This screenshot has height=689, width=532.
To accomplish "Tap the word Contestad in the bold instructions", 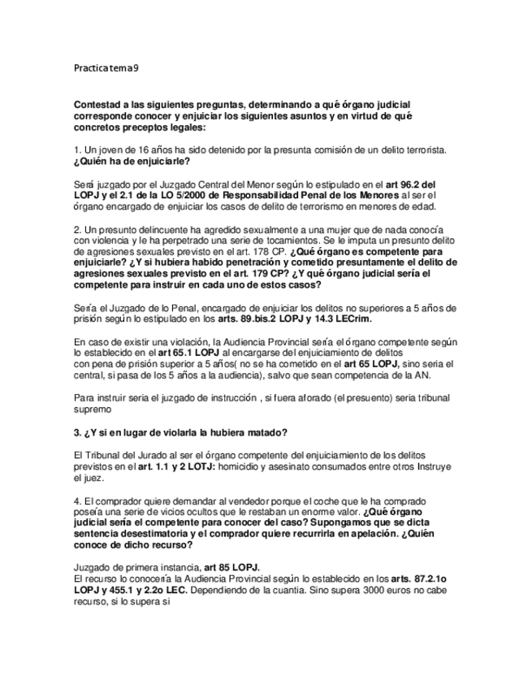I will [99, 106].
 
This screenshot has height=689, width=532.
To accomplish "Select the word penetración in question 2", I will [223, 262].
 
